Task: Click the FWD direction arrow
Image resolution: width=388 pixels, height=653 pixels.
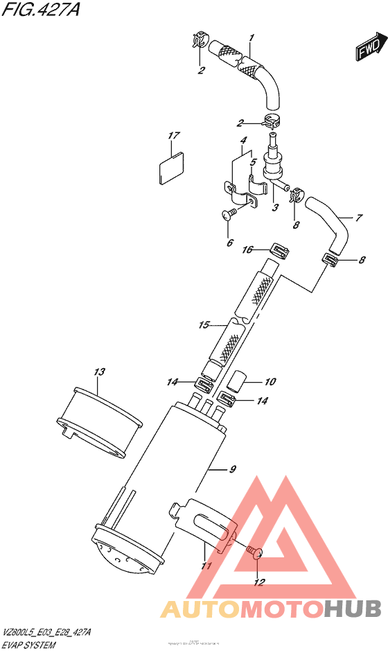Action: [x=368, y=49]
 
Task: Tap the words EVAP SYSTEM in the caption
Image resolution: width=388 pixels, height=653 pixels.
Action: [x=29, y=644]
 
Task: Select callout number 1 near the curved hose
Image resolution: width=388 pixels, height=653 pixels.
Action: [x=252, y=37]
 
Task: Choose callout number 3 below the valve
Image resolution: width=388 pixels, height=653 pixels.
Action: [x=274, y=207]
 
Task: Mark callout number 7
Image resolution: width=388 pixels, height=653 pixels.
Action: [x=358, y=218]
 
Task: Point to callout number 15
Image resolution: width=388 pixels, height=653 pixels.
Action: [x=203, y=324]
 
